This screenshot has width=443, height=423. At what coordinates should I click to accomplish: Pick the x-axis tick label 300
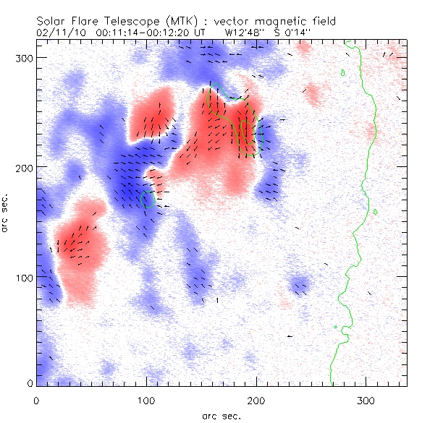(x=366, y=398)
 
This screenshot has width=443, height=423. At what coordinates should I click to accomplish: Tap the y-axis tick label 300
(x=23, y=57)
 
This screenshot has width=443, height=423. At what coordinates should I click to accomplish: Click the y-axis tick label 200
(x=23, y=167)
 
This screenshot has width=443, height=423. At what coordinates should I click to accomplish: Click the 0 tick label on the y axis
(x=29, y=384)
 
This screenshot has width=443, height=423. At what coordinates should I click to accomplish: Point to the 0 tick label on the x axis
(x=36, y=398)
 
